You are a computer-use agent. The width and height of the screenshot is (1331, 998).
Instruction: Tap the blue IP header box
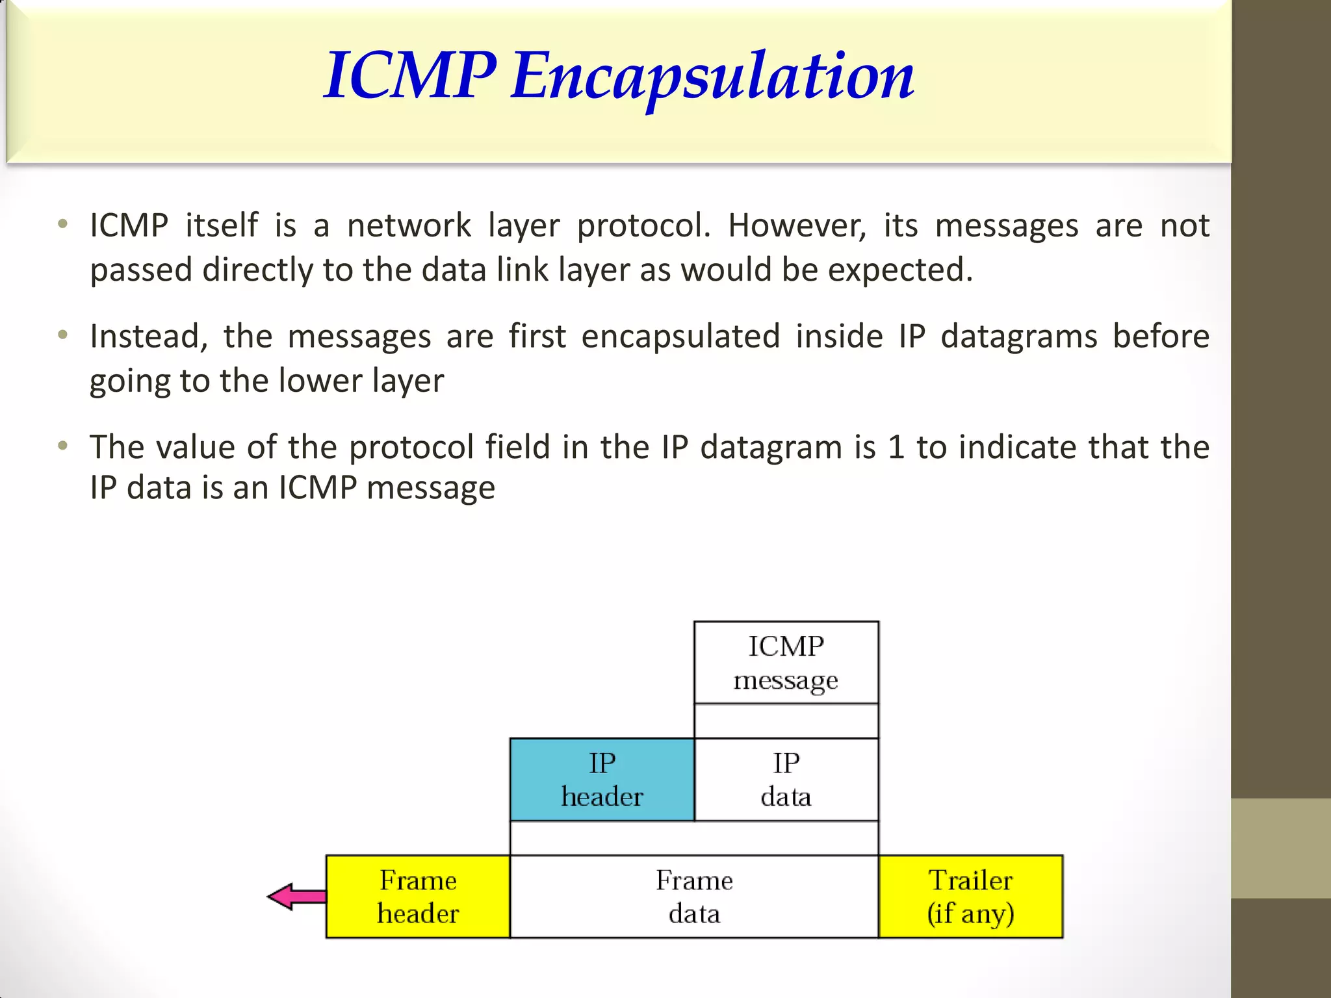602,780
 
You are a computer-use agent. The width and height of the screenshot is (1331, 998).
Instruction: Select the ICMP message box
786,663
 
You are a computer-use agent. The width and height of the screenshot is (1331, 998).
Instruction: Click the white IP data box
786,780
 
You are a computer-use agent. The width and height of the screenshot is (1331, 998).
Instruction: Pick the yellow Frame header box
418,897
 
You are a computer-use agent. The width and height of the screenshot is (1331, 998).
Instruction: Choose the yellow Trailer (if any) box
970,897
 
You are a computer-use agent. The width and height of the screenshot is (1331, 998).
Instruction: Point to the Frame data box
694,897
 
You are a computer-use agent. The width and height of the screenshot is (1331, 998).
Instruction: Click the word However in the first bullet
797,226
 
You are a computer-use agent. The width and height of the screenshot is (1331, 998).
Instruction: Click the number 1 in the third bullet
896,448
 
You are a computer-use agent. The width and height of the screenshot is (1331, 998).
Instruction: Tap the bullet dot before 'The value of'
62,446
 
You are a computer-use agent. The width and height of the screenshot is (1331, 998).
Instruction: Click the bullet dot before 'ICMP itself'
62,225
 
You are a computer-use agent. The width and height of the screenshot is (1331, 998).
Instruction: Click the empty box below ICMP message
786,721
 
